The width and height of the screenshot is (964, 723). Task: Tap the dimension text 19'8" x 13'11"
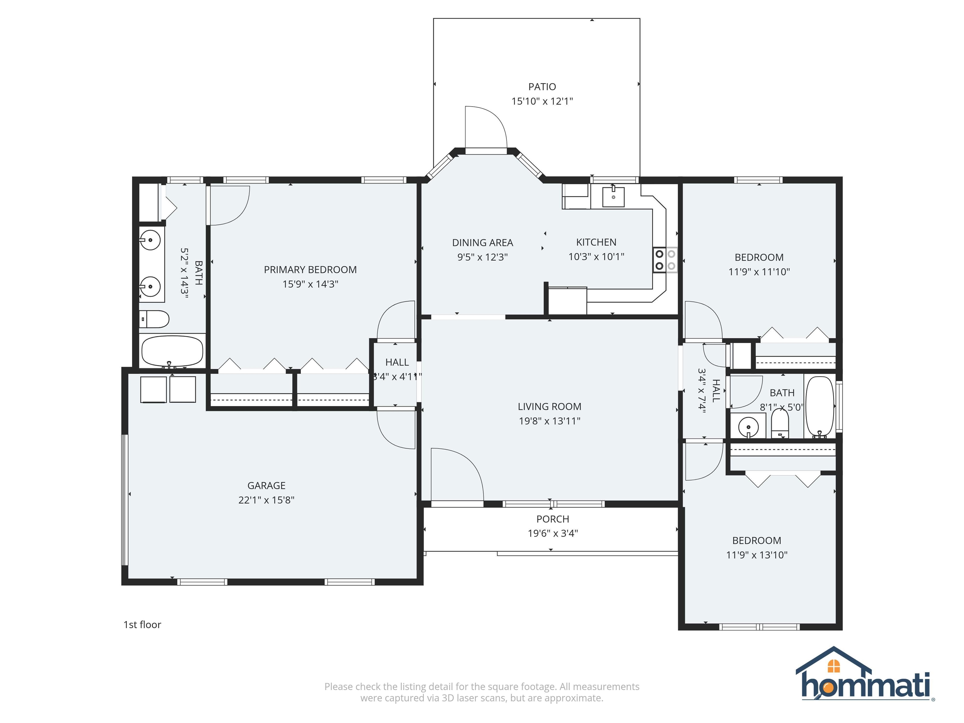pyautogui.click(x=549, y=421)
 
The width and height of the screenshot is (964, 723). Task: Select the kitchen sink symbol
pyautogui.click(x=613, y=197)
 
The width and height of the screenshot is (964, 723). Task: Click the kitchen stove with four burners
pyautogui.click(x=665, y=260)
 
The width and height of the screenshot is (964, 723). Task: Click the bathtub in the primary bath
pyautogui.click(x=173, y=351)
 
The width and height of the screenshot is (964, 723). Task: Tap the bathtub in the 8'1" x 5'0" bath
pyautogui.click(x=819, y=407)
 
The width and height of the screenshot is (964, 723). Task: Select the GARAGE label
pyautogui.click(x=266, y=485)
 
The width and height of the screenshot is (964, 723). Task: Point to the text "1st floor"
pyautogui.click(x=142, y=624)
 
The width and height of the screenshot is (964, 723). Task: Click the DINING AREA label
pyautogui.click(x=482, y=243)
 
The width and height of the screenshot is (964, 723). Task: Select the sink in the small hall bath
pyautogui.click(x=749, y=426)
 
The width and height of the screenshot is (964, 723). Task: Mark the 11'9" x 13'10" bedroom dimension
pyautogui.click(x=757, y=555)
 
